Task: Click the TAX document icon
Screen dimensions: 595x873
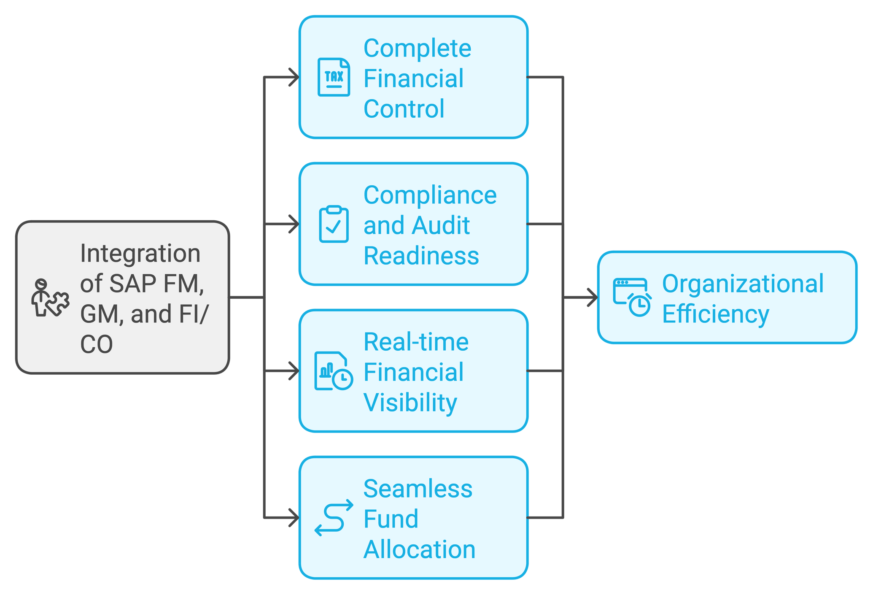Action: [334, 77]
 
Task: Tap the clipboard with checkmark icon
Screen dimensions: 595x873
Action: [334, 224]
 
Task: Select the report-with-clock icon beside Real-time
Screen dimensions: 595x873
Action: [333, 371]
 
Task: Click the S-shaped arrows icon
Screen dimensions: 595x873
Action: [334, 518]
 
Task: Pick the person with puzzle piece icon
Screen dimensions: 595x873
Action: [50, 298]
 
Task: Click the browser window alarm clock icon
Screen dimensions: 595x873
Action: [632, 297]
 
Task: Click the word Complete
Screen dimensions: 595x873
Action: [417, 48]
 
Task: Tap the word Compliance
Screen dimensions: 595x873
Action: [430, 195]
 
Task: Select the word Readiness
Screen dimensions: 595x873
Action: [421, 256]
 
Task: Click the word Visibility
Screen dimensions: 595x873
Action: [410, 402]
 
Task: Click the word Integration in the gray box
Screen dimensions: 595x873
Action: [140, 253]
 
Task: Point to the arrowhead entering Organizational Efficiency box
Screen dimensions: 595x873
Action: [593, 297]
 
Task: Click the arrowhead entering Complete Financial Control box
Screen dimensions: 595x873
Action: [294, 77]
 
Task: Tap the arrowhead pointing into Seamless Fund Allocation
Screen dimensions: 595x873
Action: [294, 517]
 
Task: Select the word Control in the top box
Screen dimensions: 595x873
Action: [404, 109]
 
